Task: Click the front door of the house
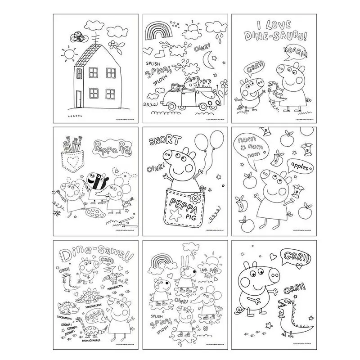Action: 78,98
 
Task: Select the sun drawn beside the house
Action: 69,55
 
